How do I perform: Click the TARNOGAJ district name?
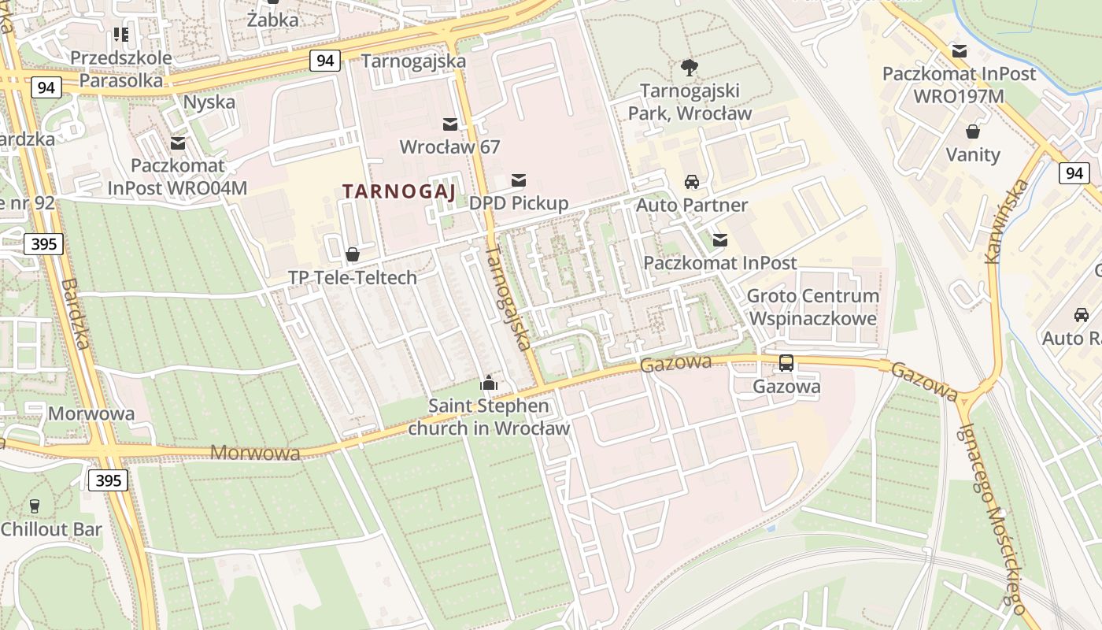point(398,191)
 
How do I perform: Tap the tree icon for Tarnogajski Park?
point(690,67)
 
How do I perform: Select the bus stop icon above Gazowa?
point(786,363)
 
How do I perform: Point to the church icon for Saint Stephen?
point(489,383)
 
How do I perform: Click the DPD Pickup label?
point(519,203)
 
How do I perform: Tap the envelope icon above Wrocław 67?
point(450,124)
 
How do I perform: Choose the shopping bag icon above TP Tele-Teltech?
point(353,254)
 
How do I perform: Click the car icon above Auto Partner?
point(692,182)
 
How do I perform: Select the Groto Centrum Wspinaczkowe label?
point(813,307)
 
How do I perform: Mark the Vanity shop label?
point(973,154)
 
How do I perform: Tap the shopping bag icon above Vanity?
point(973,131)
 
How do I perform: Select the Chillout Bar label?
point(51,529)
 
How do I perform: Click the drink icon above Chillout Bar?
point(34,506)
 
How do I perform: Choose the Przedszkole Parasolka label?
point(121,69)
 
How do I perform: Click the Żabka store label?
point(273,20)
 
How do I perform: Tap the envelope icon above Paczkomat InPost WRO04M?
point(178,143)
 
